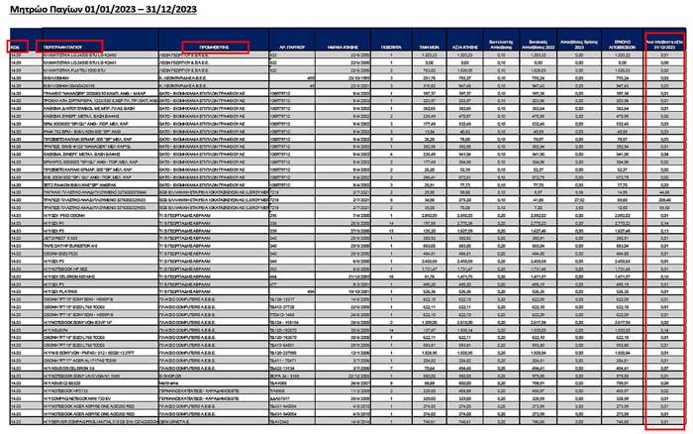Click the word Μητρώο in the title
point(31,10)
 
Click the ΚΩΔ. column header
point(17,47)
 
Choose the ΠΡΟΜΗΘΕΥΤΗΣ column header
point(215,47)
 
